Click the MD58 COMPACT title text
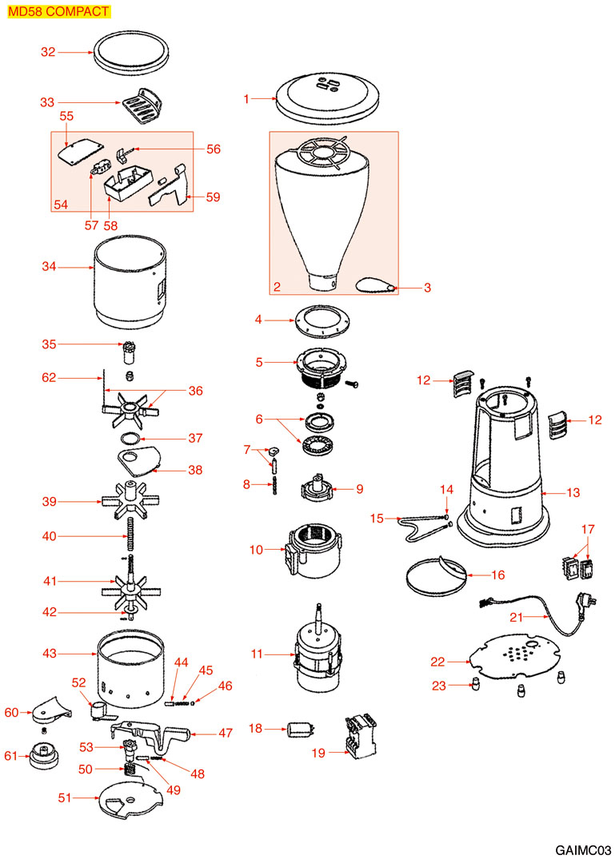click(x=58, y=11)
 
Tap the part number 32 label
click(x=48, y=52)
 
